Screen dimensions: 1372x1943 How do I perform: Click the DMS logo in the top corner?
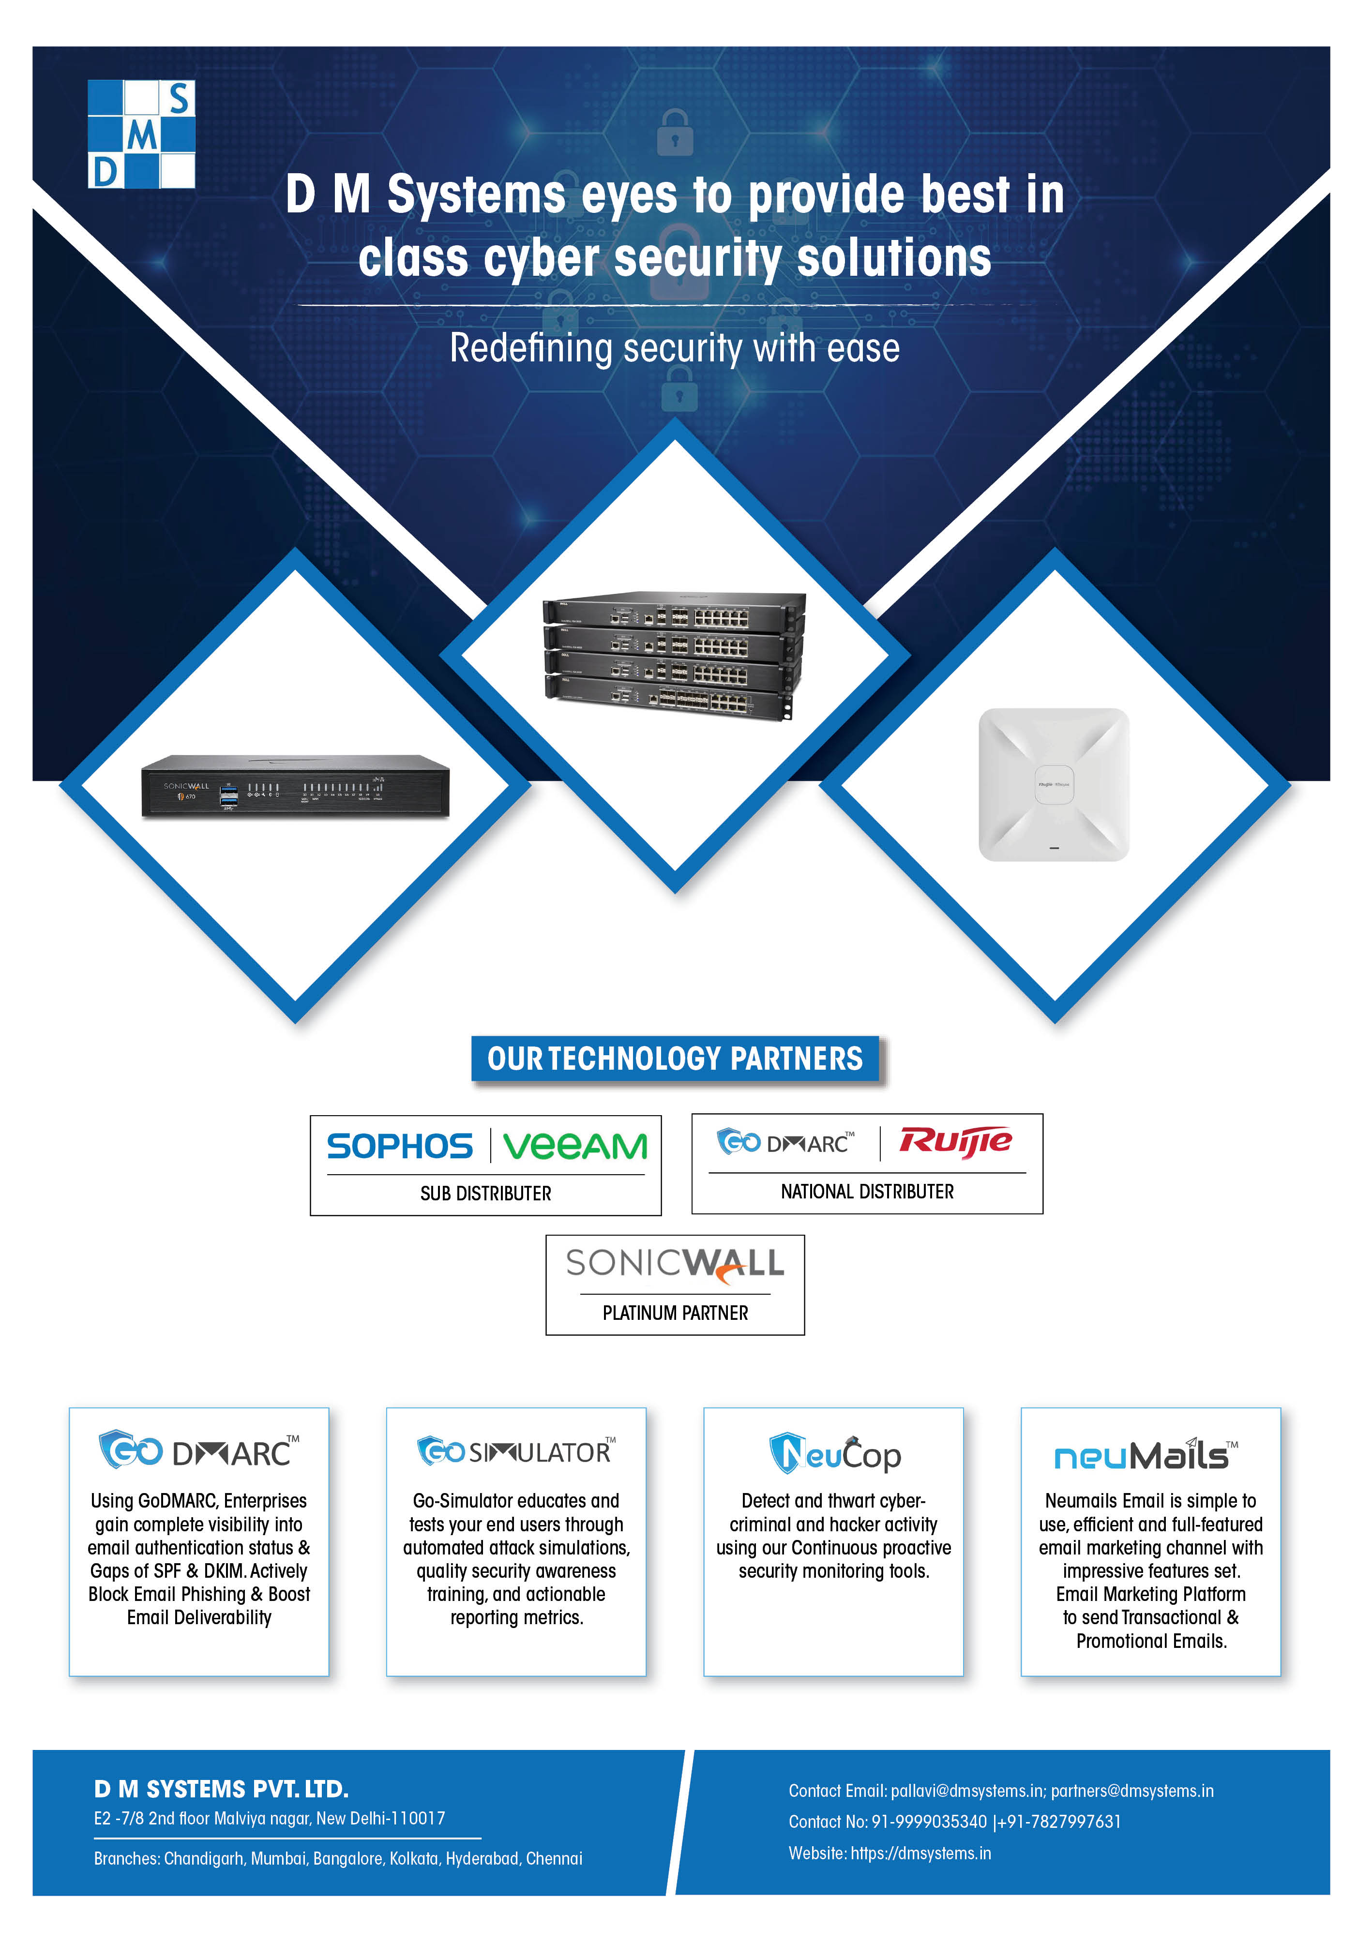coord(141,134)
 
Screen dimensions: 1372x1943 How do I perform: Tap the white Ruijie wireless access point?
coord(1054,784)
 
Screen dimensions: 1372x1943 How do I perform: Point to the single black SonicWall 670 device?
coord(295,786)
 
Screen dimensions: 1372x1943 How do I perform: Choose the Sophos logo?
coord(399,1147)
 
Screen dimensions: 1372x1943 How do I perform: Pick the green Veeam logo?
coord(575,1147)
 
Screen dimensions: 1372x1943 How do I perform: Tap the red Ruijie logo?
coord(956,1142)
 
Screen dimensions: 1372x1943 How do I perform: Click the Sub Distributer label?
coord(486,1193)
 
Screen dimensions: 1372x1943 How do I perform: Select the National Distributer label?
coord(868,1192)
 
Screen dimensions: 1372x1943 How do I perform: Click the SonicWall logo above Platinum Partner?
coord(676,1263)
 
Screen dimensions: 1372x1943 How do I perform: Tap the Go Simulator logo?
coord(516,1451)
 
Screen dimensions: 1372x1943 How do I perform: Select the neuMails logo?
coord(1146,1455)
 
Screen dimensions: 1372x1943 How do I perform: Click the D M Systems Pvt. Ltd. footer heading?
coord(222,1789)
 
